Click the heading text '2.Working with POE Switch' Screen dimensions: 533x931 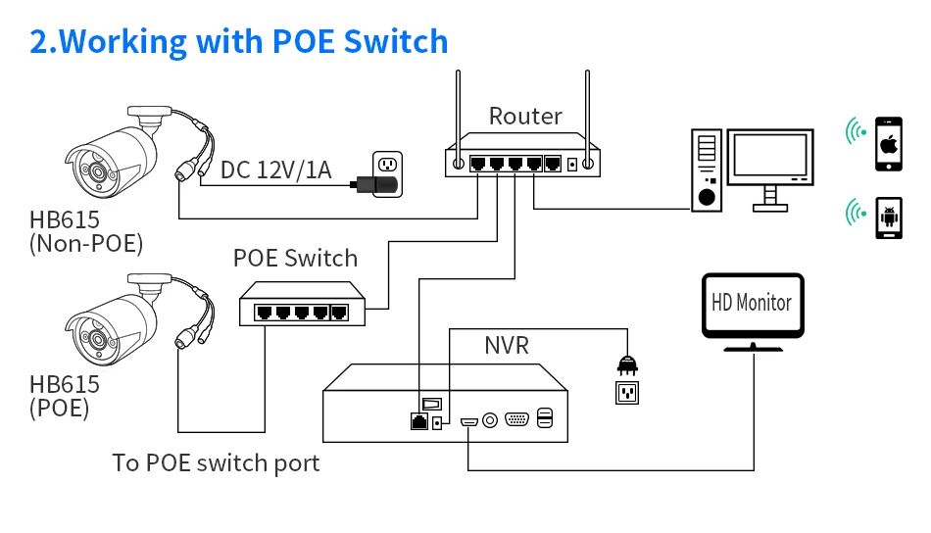pos(239,41)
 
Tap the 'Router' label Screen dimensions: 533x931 pos(525,117)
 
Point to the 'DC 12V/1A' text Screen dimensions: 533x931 pos(275,170)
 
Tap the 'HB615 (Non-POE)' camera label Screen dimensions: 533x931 pos(86,232)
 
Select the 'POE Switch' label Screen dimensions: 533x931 pos(295,259)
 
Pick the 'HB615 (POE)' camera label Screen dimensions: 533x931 pos(65,395)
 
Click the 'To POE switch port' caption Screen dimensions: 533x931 pos(216,462)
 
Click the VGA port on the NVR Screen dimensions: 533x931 pos(516,420)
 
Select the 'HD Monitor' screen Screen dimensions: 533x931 pos(752,304)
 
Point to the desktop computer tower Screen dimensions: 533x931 pos(707,170)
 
